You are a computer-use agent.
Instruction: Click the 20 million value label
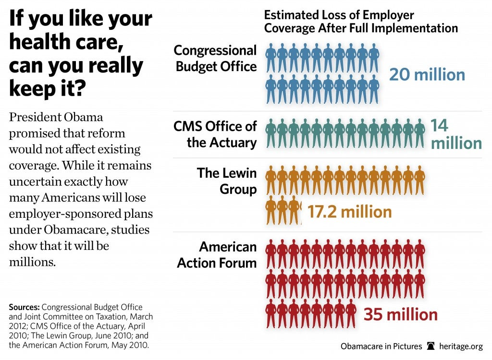pos(427,75)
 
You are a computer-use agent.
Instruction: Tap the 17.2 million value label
pos(349,211)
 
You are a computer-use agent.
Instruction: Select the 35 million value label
pos(400,315)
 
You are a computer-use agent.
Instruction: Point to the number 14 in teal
pos(439,126)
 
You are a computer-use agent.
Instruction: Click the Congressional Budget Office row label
pos(216,58)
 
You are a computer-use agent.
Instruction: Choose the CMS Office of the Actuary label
pos(215,135)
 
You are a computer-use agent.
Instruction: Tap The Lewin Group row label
pos(227,181)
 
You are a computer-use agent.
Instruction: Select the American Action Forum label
pos(217,255)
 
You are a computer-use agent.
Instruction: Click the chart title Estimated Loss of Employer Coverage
pos(360,22)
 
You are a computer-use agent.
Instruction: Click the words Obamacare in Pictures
pos(381,347)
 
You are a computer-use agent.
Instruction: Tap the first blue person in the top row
pos(271,58)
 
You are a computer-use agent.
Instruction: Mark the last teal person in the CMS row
pos(419,134)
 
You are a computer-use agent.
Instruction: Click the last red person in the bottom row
pos(352,313)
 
